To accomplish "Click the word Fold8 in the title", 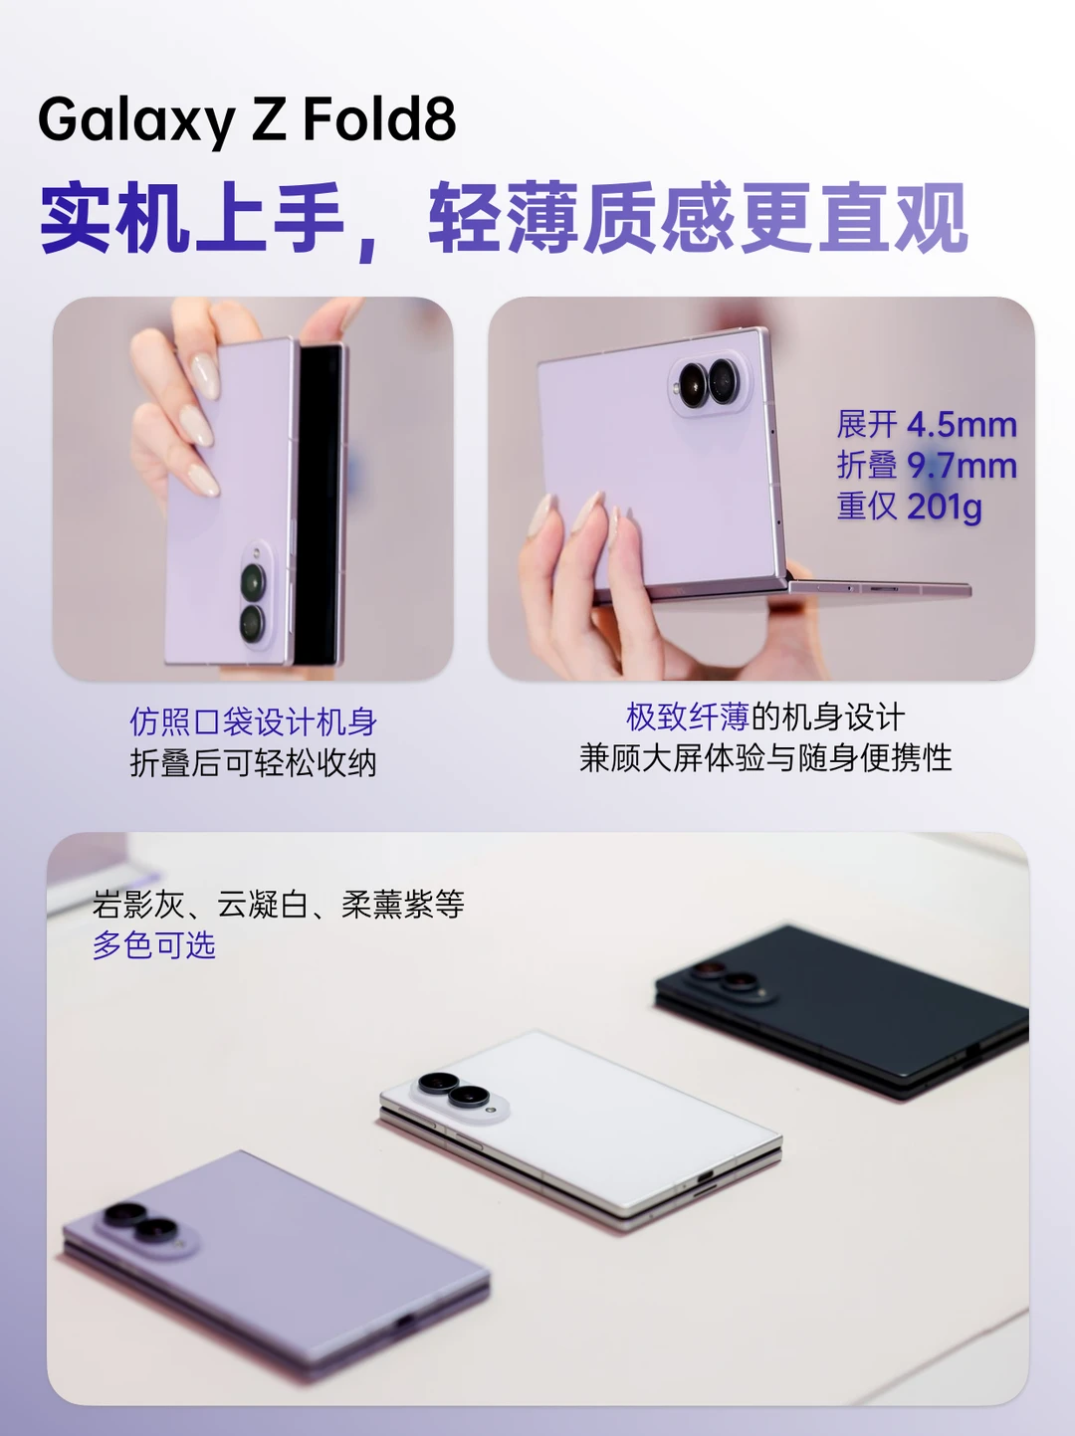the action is tap(379, 119).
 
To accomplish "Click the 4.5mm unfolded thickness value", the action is tap(962, 425).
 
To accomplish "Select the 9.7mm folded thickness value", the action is tap(962, 466).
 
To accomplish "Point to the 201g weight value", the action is tap(946, 508).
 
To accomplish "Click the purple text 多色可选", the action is tap(153, 945).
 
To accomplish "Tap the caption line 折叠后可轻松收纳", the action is tap(253, 763).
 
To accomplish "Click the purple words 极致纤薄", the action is tap(688, 718).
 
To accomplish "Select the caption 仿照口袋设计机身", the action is tap(253, 722).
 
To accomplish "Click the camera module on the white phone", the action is tap(458, 1092).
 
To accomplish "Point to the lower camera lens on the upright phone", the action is tap(253, 623).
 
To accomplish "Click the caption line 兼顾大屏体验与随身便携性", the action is tap(765, 759).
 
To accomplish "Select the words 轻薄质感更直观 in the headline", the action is tap(698, 217).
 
